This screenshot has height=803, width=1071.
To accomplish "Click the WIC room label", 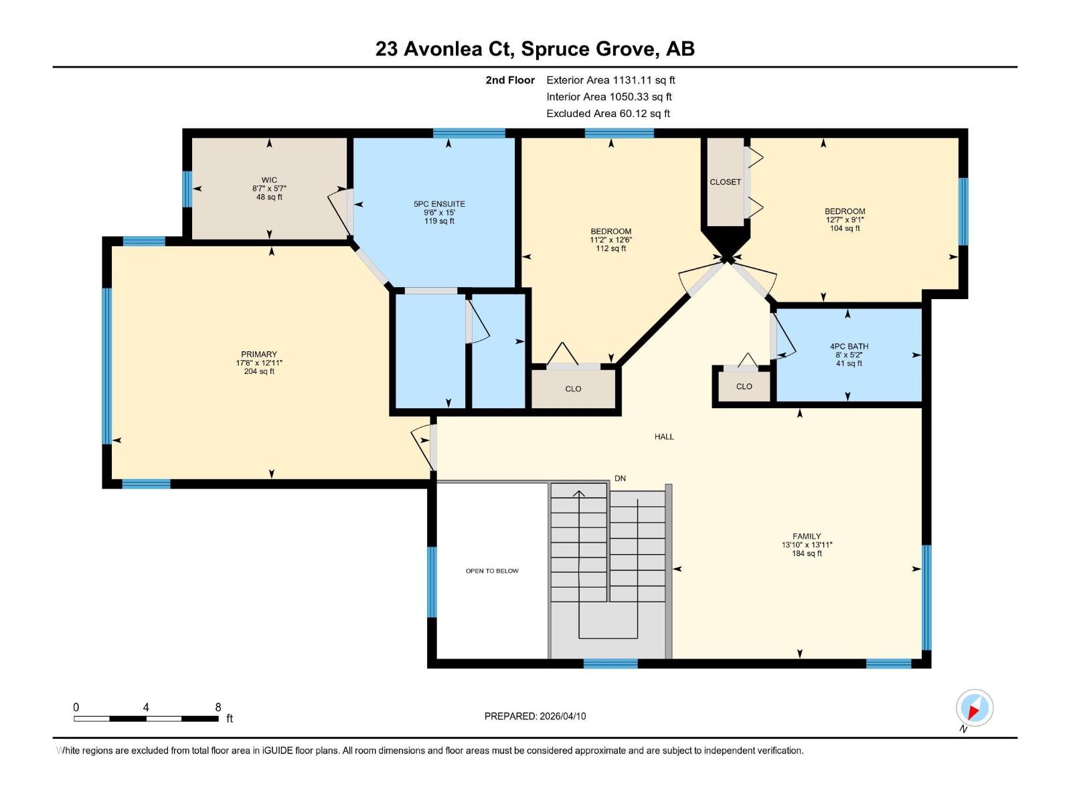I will pyautogui.click(x=269, y=180).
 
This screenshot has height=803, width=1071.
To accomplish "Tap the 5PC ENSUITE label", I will pyautogui.click(x=439, y=204).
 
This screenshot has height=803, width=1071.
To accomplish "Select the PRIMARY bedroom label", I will pyautogui.click(x=259, y=355).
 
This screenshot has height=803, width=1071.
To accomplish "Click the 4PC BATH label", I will pyautogui.click(x=849, y=347).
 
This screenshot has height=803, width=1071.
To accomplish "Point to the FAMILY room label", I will pyautogui.click(x=807, y=536).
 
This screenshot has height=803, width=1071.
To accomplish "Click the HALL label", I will pyautogui.click(x=664, y=437).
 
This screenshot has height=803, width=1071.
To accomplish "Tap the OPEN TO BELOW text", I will pyautogui.click(x=492, y=571).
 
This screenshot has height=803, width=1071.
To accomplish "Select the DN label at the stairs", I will pyautogui.click(x=620, y=478).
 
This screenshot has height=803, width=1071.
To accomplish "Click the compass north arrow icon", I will pyautogui.click(x=975, y=709).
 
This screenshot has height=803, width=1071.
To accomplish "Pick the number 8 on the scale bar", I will pyautogui.click(x=218, y=707).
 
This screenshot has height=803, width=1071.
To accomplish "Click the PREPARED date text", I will pyautogui.click(x=535, y=716).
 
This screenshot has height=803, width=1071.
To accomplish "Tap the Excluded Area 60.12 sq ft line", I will pyautogui.click(x=608, y=114).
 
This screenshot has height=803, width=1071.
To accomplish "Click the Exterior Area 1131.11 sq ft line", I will pyautogui.click(x=610, y=80).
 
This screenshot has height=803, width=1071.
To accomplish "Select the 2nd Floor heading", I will pyautogui.click(x=510, y=80).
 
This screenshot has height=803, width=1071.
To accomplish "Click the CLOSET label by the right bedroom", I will pyautogui.click(x=725, y=182).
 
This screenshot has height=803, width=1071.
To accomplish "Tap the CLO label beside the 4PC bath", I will pyautogui.click(x=744, y=387).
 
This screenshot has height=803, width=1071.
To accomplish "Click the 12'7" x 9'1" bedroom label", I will pyautogui.click(x=845, y=219).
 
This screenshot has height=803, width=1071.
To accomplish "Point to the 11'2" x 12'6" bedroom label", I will pyautogui.click(x=610, y=240).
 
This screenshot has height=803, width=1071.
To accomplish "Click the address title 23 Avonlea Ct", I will pyautogui.click(x=535, y=49).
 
